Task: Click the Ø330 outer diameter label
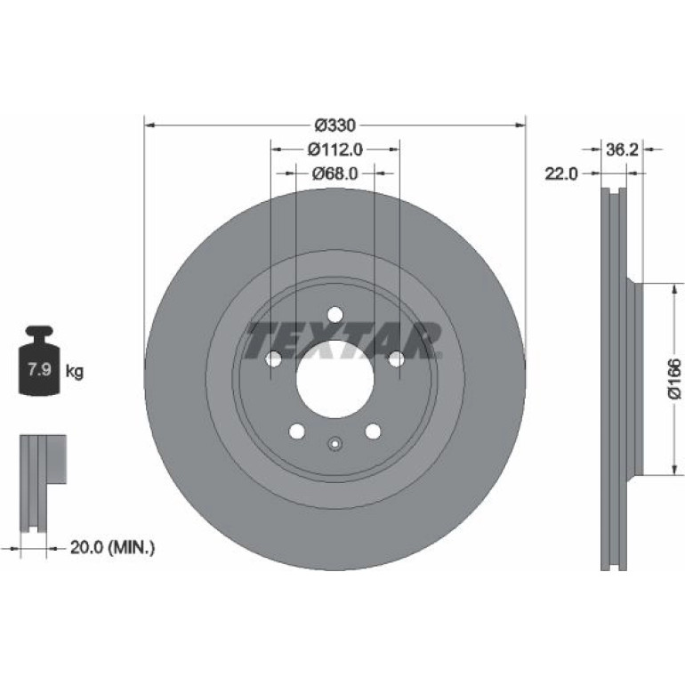click(x=335, y=125)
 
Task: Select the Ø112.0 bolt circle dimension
click(x=335, y=149)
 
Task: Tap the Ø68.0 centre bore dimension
click(x=335, y=173)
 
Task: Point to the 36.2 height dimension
click(x=622, y=149)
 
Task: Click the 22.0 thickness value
click(x=561, y=173)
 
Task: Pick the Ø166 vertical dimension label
click(x=674, y=379)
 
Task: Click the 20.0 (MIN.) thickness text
click(x=112, y=547)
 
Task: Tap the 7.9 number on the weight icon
click(x=39, y=369)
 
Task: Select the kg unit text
click(x=74, y=372)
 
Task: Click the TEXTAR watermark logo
click(x=343, y=341)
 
